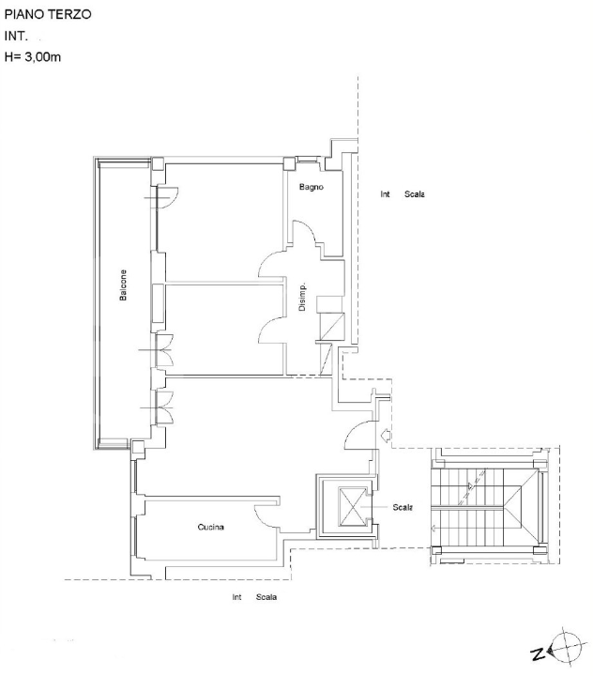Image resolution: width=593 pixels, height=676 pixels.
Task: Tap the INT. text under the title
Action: click(x=18, y=37)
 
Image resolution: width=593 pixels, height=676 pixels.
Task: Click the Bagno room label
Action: click(x=312, y=188)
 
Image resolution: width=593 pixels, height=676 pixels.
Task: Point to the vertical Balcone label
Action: click(x=123, y=286)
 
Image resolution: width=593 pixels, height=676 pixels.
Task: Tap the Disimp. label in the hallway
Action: click(x=302, y=299)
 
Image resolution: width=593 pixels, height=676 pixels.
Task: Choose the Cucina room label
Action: click(x=210, y=528)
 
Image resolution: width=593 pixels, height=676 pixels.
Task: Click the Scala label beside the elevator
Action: click(x=403, y=507)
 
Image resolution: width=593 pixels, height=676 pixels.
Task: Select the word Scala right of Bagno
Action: click(x=414, y=195)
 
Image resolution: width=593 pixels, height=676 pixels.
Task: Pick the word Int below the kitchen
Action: click(x=237, y=597)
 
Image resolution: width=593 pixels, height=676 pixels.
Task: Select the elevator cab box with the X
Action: click(x=345, y=508)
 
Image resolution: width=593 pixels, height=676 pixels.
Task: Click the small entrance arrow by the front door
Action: click(x=386, y=434)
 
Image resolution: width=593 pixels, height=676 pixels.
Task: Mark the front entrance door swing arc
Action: click(x=357, y=435)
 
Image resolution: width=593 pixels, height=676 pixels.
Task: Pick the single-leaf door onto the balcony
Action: click(x=167, y=198)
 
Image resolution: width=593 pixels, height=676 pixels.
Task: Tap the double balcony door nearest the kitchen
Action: click(x=165, y=408)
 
